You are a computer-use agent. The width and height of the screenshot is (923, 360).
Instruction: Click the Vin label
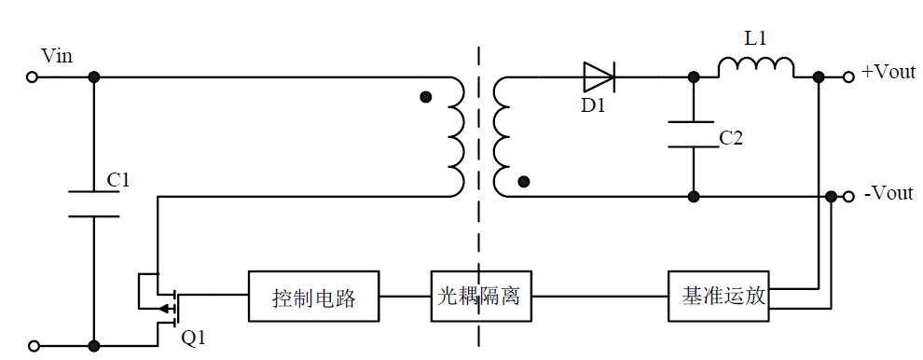point(57,57)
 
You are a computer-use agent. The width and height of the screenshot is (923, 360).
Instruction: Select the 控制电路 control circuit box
point(313,298)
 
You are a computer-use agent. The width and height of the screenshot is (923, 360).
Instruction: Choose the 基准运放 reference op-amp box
point(719,297)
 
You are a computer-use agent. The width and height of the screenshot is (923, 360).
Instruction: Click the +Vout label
point(889,72)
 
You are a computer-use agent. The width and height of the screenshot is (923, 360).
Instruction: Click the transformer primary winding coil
point(456,136)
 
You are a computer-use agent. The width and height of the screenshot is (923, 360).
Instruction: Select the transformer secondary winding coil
point(503,136)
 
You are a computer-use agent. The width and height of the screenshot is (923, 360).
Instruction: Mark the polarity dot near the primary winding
point(426,96)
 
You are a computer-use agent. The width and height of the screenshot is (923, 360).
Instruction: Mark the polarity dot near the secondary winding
point(524,182)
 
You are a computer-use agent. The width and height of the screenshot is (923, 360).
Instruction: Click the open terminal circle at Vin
point(33,77)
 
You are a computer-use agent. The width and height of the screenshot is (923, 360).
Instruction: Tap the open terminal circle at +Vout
point(848,77)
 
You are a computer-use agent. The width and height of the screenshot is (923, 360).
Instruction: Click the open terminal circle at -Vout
point(848,196)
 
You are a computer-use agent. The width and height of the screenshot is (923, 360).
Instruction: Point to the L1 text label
point(755,40)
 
